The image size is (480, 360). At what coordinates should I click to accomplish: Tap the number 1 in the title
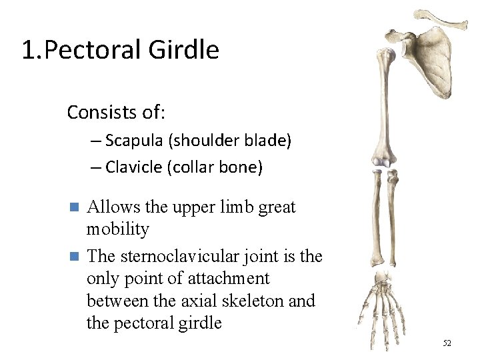[27, 50]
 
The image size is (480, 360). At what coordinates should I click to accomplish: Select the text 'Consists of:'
[115, 112]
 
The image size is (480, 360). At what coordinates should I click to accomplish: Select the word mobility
[118, 229]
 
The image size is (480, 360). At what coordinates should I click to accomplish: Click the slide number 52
[447, 343]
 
